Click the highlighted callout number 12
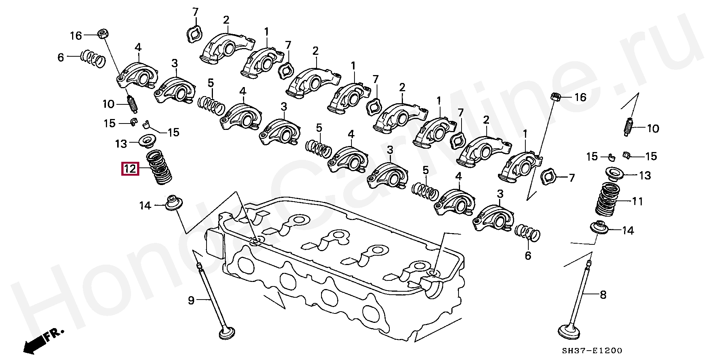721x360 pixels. point(130,169)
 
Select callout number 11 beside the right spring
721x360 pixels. point(638,202)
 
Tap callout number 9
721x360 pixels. point(192,300)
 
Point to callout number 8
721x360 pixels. point(603,295)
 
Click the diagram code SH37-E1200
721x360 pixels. point(592,351)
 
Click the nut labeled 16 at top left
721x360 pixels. point(103,34)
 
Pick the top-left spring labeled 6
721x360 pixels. point(93,59)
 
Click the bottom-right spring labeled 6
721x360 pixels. point(528,232)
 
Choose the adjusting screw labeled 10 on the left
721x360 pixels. point(133,104)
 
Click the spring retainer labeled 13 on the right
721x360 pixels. point(614,174)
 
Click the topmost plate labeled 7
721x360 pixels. point(195,35)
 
